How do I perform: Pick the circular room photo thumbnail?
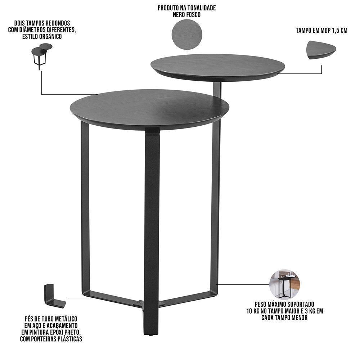coord(284,284)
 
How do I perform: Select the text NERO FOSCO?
coord(186,15)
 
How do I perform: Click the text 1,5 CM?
coord(339,31)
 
